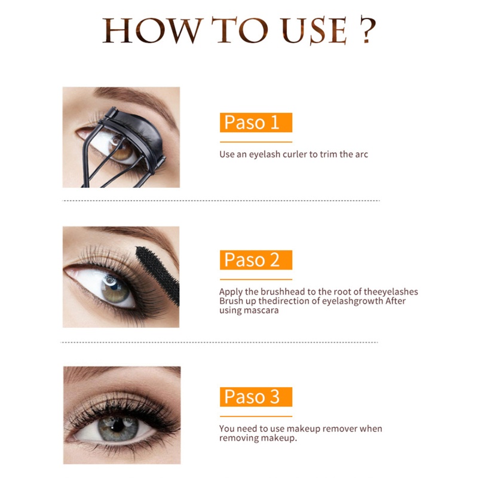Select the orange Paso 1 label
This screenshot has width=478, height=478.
tap(256, 122)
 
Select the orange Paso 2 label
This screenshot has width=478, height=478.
tap(256, 260)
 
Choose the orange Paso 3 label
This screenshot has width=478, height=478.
tap(256, 397)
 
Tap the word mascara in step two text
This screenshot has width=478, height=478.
tap(261, 310)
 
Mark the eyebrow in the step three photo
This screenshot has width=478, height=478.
tap(119, 375)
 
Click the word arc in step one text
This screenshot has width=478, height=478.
tap(361, 154)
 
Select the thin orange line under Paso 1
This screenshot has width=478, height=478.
tap(256, 142)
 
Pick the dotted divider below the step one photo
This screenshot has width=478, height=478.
tap(221, 201)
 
